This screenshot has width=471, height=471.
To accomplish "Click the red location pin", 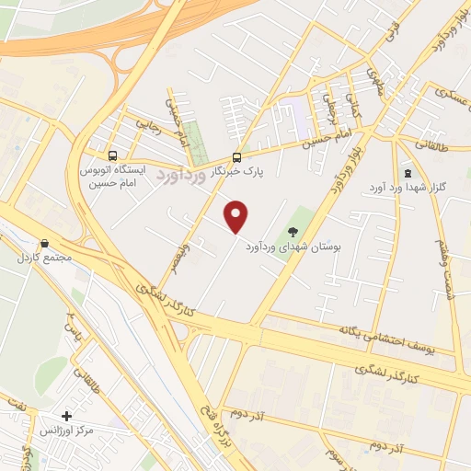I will click(237, 216).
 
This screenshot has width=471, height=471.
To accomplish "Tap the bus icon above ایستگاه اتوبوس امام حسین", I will click(112, 155).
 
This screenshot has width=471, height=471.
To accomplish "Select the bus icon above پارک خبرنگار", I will click(236, 156).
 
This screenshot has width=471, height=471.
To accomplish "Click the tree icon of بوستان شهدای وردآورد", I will click(293, 232).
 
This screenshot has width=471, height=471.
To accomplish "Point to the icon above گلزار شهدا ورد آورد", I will click(408, 173).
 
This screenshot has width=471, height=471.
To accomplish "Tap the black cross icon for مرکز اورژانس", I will click(66, 416).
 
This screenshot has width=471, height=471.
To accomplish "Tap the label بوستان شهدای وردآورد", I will click(293, 248).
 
